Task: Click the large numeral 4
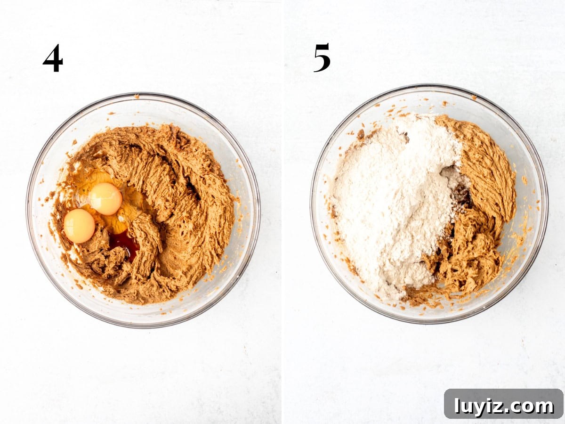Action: [53, 58]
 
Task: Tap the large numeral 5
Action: [322, 57]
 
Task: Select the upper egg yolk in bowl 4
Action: [105, 198]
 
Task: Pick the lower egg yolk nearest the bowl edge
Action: [79, 226]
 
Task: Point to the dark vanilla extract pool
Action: [125, 245]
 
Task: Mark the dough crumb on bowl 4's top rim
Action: [137, 96]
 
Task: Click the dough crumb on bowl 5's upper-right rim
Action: [474, 98]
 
